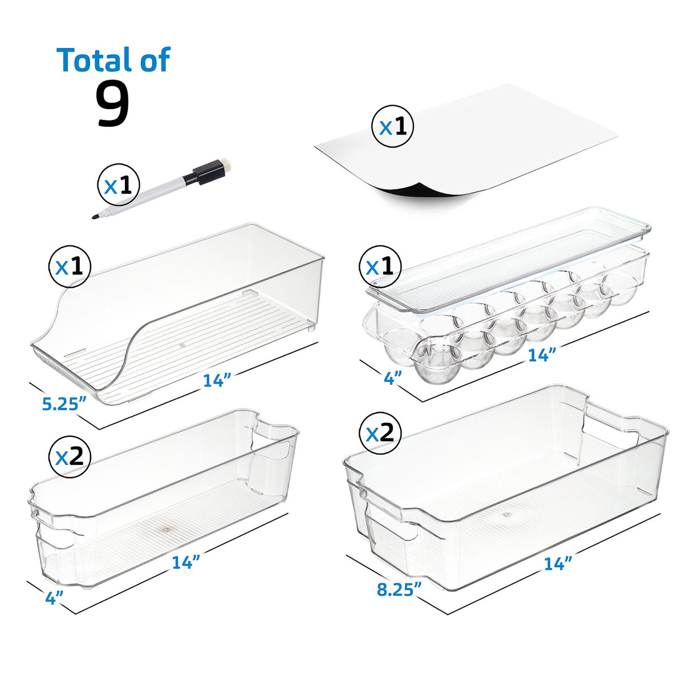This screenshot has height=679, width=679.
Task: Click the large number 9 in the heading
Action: point(113,103)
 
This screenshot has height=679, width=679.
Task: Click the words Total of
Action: point(113,59)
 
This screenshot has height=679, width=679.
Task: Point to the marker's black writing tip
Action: point(95,216)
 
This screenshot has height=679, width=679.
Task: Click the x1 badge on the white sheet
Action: point(392,127)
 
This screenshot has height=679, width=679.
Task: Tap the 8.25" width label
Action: point(399,588)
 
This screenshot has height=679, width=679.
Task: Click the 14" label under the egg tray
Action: point(542,355)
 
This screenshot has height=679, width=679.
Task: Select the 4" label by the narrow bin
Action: point(54,598)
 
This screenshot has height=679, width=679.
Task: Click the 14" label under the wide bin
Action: point(558,563)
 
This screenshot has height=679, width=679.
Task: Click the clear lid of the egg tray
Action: point(509,255)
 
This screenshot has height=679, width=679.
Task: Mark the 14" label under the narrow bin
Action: point(186,562)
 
